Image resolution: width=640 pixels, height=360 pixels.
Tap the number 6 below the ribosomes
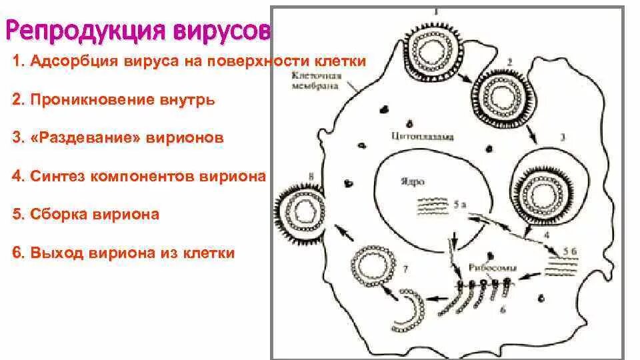point(502,309)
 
